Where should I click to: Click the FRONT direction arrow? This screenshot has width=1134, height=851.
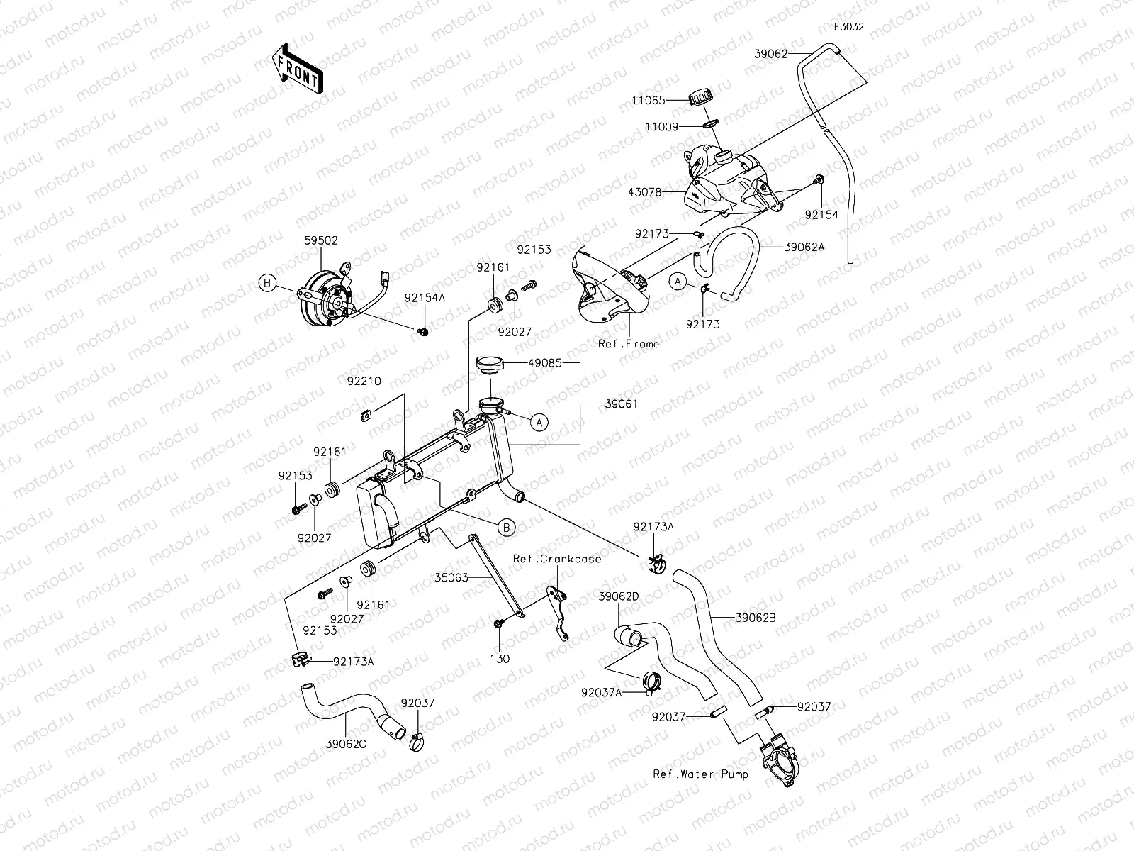[x=296, y=68]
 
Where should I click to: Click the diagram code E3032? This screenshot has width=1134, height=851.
[x=848, y=28]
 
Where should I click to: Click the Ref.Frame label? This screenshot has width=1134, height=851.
[x=628, y=344]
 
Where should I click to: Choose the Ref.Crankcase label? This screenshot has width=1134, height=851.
[x=557, y=559]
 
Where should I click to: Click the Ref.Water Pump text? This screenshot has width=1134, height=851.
[x=700, y=774]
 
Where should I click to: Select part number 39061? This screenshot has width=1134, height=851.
[x=622, y=404]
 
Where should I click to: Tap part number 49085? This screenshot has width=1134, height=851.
[x=544, y=363]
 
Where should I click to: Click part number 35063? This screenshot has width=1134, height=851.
[x=451, y=578]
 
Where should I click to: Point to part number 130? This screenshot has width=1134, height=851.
[x=500, y=659]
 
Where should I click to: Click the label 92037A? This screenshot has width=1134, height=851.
[x=601, y=692]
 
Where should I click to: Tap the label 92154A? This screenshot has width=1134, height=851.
[x=425, y=298]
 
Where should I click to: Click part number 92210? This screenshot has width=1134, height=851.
[x=364, y=382]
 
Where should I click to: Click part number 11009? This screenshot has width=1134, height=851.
[x=661, y=127]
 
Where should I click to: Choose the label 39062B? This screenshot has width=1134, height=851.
[x=756, y=618]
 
